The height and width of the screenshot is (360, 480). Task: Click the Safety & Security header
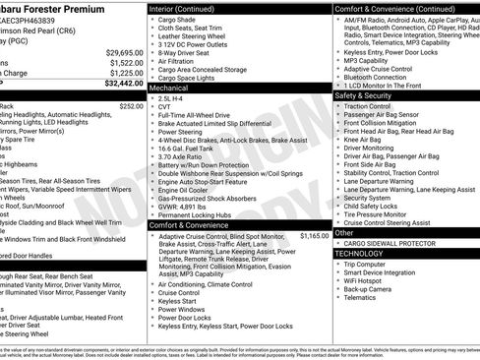[363, 95]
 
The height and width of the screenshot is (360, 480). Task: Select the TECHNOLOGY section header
[359, 253]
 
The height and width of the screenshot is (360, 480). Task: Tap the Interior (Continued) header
[188, 8]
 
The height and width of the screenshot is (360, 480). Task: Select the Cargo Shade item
[178, 20]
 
